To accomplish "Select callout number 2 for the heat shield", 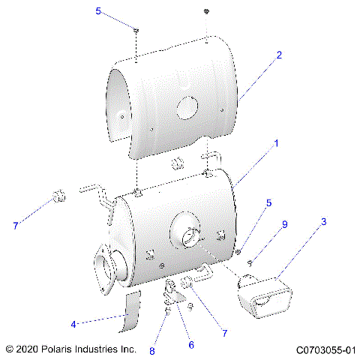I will coord(279,55).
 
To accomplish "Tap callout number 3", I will coord(323,222).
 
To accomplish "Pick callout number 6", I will coord(190,345).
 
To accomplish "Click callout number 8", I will coord(152,349).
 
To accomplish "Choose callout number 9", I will coord(284,223).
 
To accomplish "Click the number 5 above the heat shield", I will coord(98,10).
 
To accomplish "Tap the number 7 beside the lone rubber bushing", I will coord(15,225).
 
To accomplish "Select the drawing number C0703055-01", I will coord(325,349).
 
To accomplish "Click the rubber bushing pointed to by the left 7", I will coord(55,198).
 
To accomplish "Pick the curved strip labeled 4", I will coord(133,313).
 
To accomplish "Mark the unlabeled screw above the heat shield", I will coord(206,12).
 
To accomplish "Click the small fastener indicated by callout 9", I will coord(250,262).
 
